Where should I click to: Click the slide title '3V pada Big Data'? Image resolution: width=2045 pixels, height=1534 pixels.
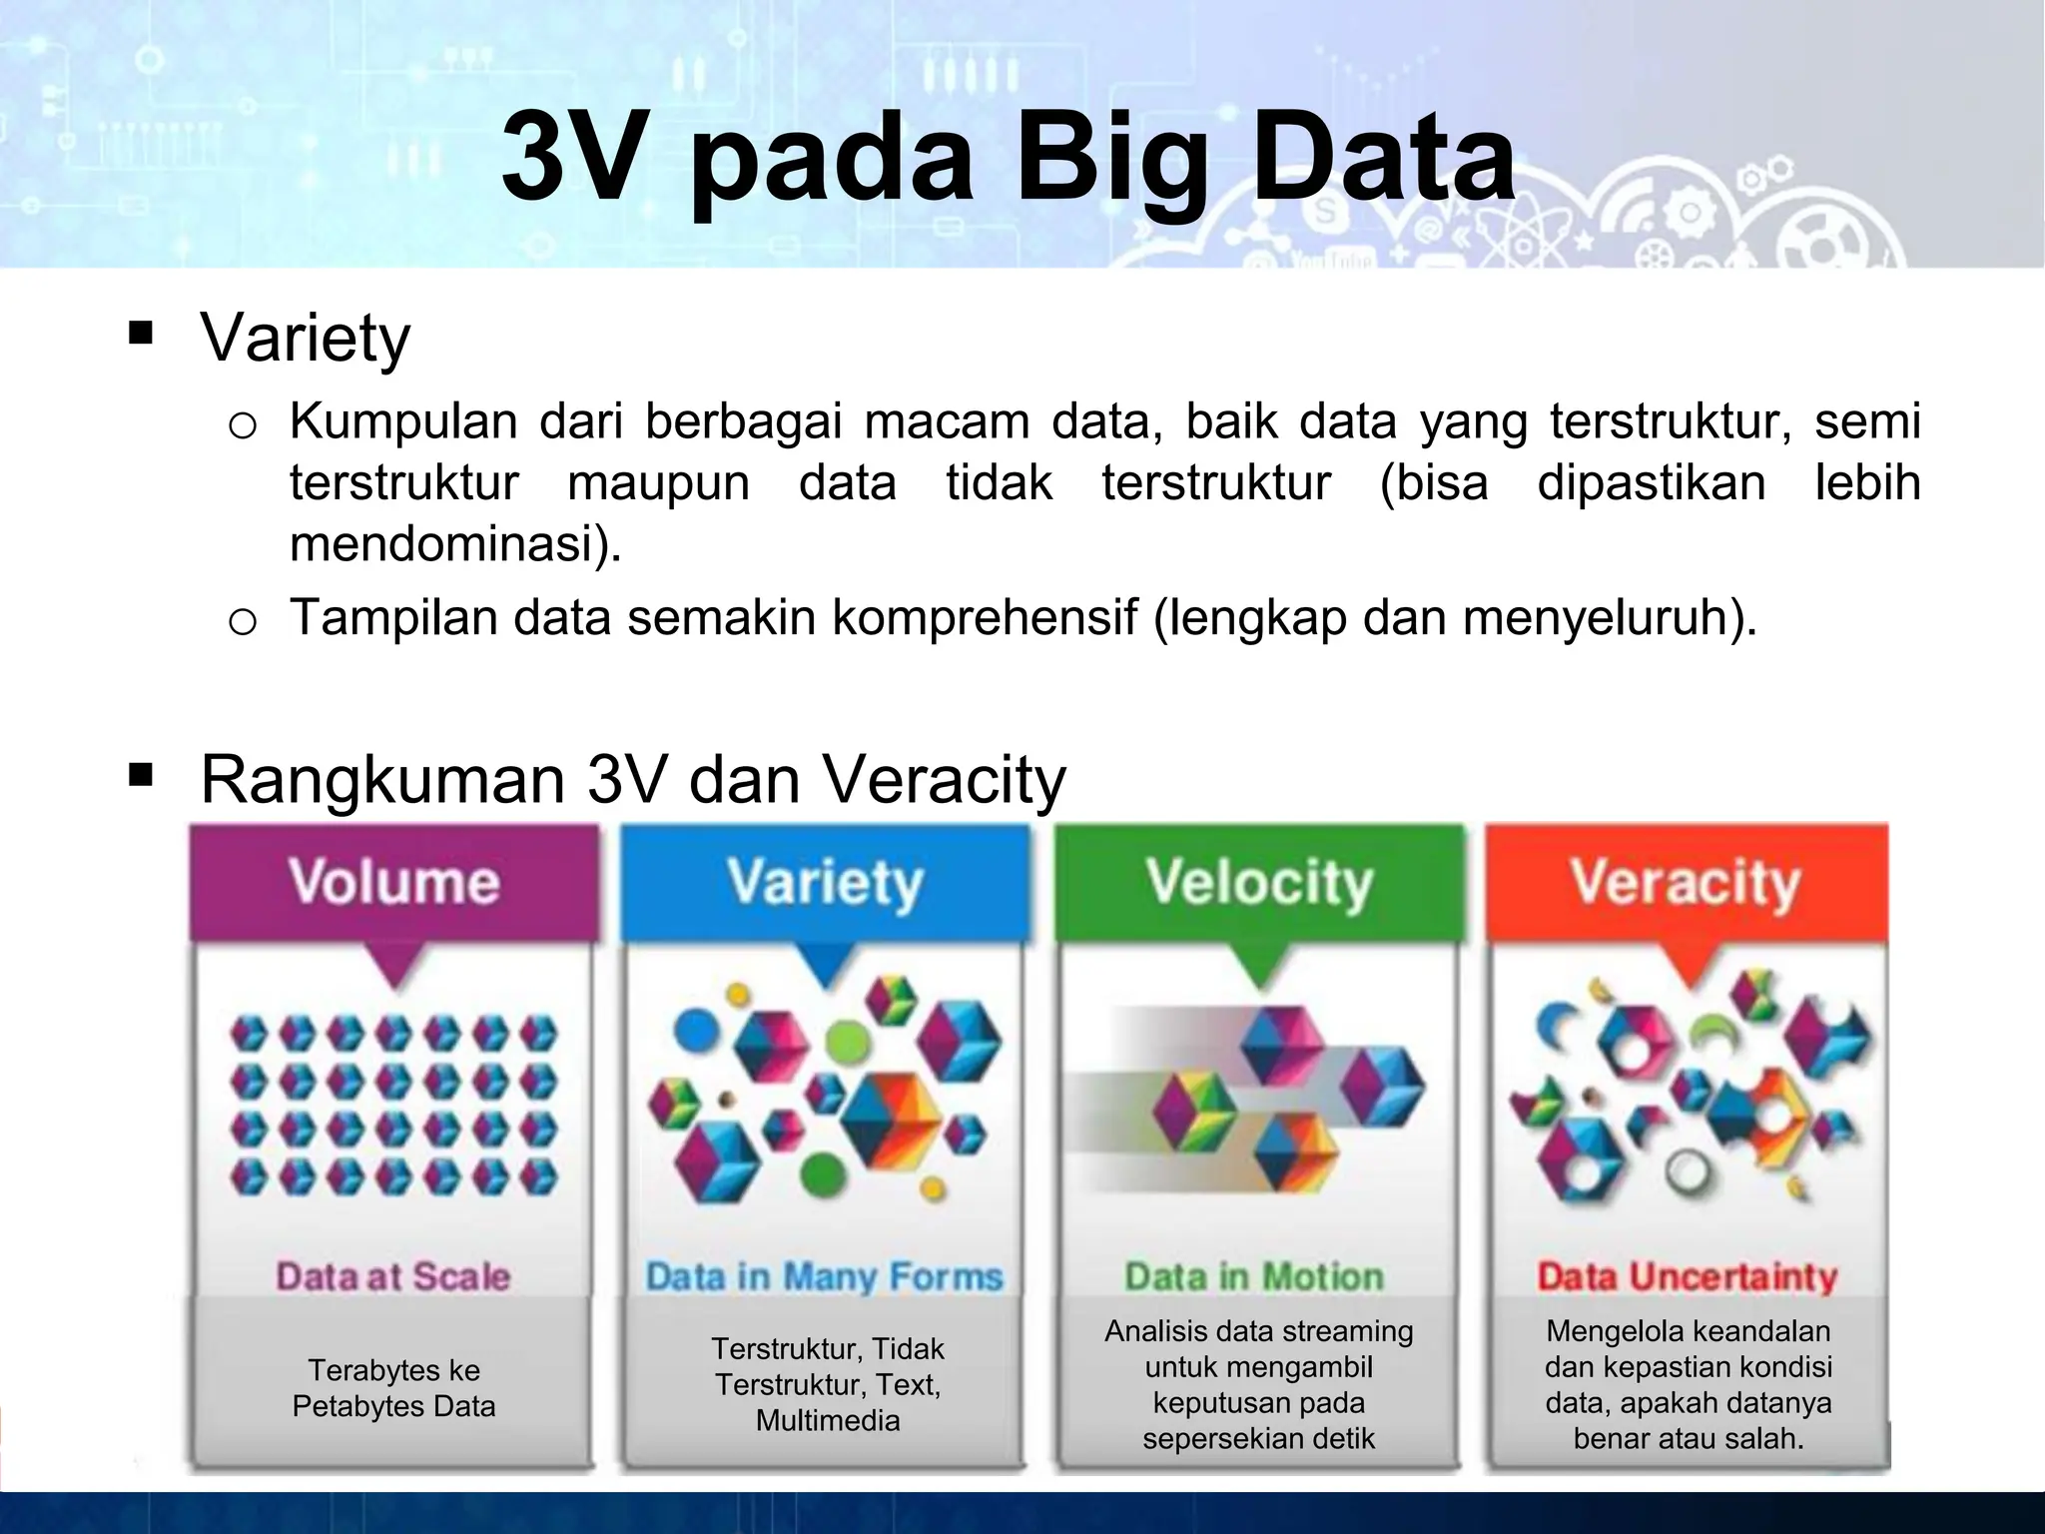[x=1009, y=158]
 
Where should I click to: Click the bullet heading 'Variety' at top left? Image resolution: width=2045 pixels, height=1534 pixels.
[x=306, y=338]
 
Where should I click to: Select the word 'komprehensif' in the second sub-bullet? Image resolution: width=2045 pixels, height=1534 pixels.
[x=985, y=617]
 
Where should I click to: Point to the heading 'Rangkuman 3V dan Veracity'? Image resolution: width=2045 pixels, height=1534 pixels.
[x=633, y=779]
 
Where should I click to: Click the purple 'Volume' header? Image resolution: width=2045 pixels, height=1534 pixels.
[x=394, y=883]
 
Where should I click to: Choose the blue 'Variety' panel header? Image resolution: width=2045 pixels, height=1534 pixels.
[x=825, y=883]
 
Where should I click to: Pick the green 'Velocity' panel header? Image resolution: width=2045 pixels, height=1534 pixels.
[x=1259, y=883]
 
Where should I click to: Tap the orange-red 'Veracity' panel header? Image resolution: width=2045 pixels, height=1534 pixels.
[x=1686, y=883]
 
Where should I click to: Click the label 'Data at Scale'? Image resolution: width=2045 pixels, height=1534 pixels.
[x=393, y=1276]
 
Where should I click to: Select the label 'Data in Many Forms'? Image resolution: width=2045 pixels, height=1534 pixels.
[x=824, y=1276]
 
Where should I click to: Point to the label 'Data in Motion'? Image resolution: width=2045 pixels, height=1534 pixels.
[x=1255, y=1276]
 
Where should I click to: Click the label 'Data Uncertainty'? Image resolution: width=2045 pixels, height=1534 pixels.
[x=1687, y=1276]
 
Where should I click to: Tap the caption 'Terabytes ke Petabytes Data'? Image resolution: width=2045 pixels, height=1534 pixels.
[x=393, y=1388]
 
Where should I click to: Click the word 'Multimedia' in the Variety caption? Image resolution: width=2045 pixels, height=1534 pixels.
[x=828, y=1420]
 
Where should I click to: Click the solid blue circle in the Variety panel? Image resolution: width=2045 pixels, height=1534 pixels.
[x=697, y=1030]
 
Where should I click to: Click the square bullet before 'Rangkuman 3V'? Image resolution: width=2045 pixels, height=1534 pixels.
[x=141, y=774]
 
